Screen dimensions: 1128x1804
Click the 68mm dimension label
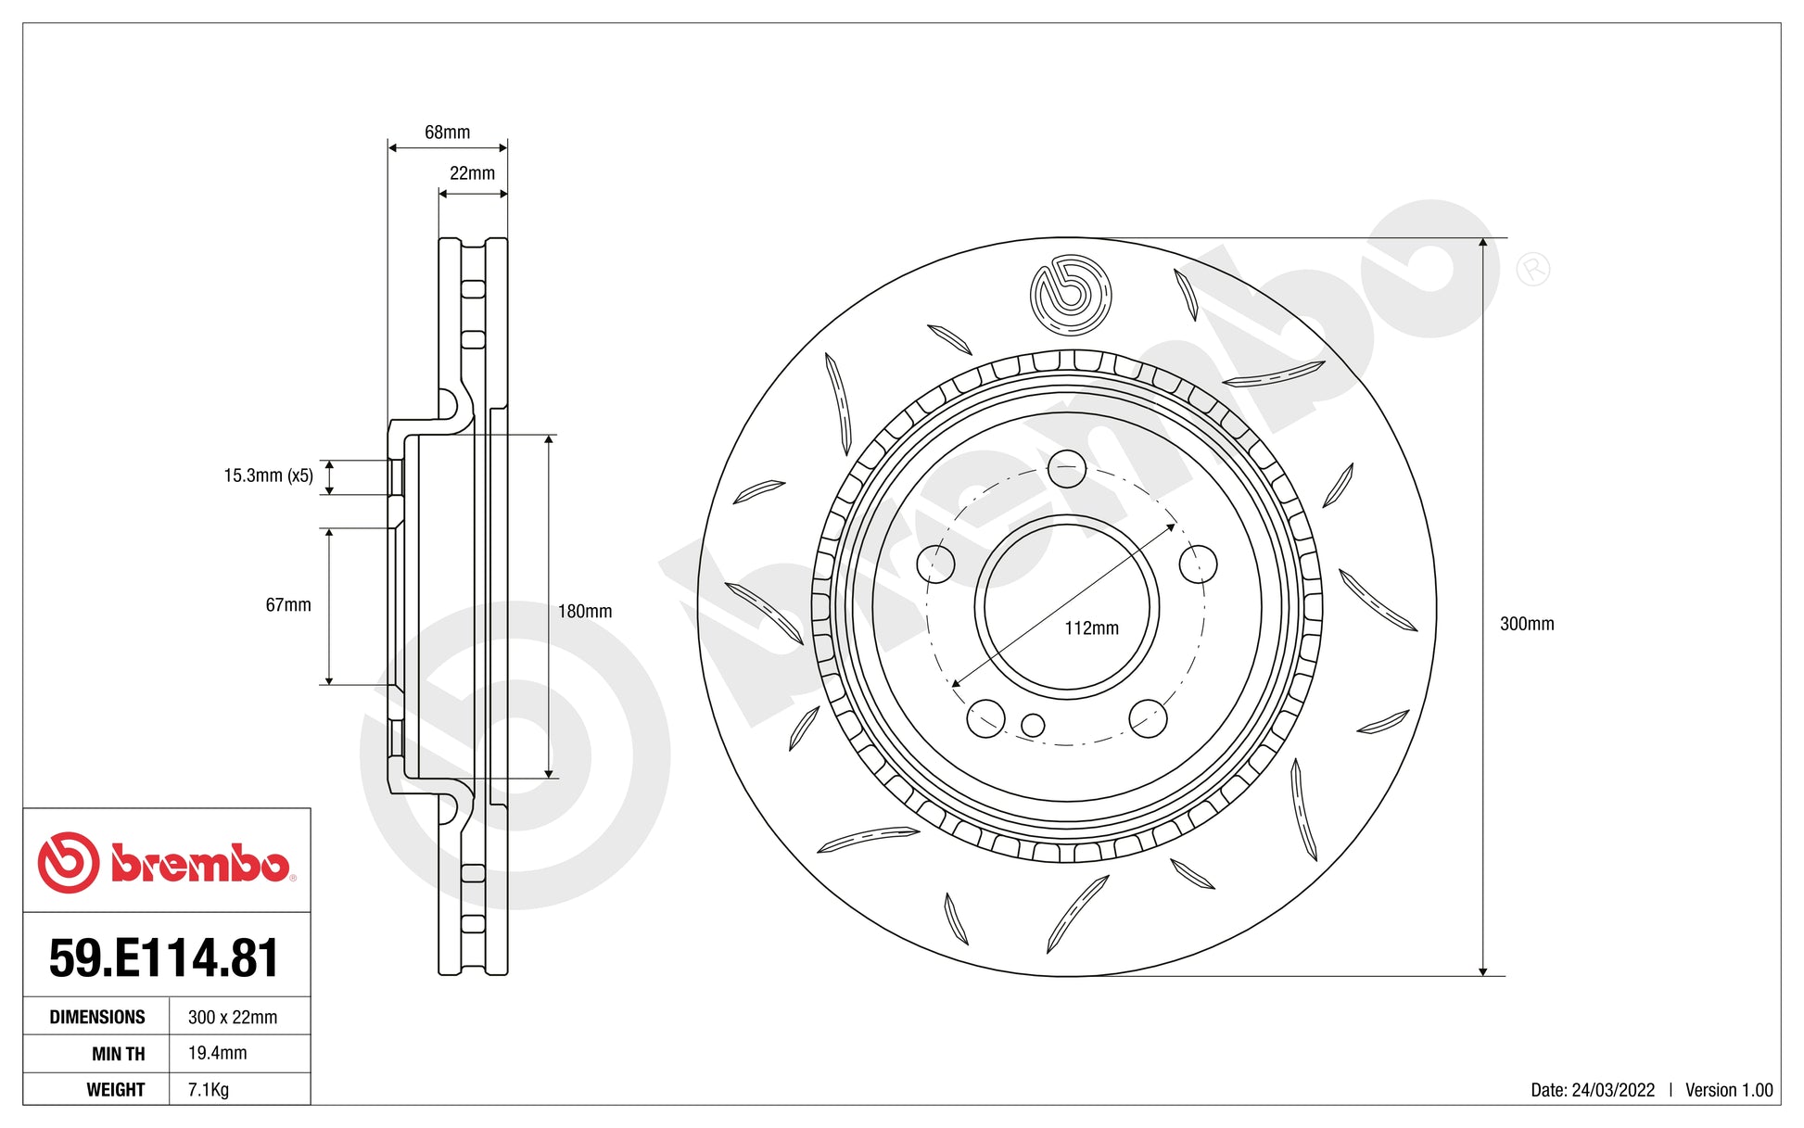[x=447, y=133]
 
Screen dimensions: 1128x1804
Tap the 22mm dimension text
[x=472, y=173]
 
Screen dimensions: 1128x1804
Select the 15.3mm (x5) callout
[x=268, y=475]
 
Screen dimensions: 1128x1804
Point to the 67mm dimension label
[x=288, y=605]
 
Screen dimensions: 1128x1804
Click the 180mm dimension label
[x=584, y=612]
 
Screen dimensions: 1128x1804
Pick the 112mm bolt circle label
[x=1091, y=628]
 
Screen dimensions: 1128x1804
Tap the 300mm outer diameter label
[x=1526, y=624]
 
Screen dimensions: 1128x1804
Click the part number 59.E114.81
[x=164, y=957]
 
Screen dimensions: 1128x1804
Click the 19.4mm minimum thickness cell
[x=218, y=1053]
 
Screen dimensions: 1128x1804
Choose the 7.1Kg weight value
[x=209, y=1089]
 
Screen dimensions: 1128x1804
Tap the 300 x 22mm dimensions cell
[x=233, y=1017]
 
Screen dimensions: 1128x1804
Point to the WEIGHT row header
[x=116, y=1089]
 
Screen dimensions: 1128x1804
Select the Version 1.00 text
[x=1728, y=1090]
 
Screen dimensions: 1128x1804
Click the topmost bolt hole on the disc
[x=1067, y=468]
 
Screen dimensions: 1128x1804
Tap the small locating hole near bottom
[x=1033, y=725]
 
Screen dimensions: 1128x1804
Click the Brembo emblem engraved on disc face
[x=1070, y=295]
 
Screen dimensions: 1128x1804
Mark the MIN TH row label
[x=118, y=1054]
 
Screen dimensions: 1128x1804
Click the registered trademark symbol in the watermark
[x=1532, y=270]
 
